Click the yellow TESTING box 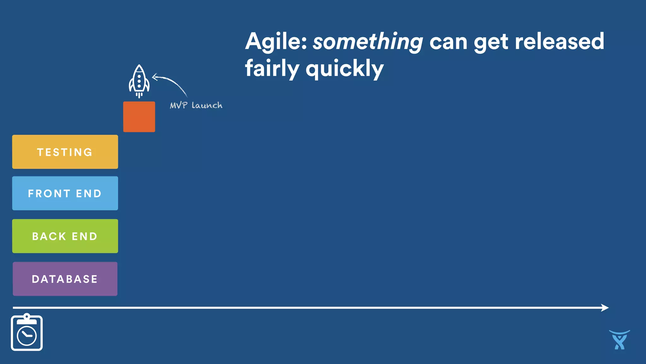click(x=65, y=152)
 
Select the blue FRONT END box click(x=65, y=193)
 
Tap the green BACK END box click(x=65, y=236)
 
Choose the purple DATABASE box click(x=65, y=279)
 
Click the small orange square click(x=139, y=117)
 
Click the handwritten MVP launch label click(x=196, y=106)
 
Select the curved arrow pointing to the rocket click(x=172, y=83)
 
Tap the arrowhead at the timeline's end click(x=605, y=307)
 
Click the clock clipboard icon click(x=27, y=332)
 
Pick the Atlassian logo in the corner click(x=619, y=340)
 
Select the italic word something click(x=367, y=42)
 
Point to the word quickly click(x=344, y=69)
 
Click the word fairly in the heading click(x=272, y=69)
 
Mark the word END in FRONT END click(x=89, y=193)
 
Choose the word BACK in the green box click(x=49, y=236)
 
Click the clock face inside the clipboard click(x=27, y=336)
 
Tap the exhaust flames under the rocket click(x=139, y=95)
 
